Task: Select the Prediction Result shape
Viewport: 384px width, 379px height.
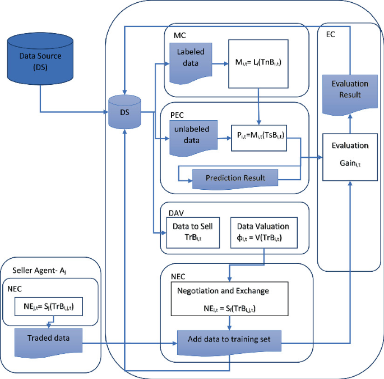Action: (x=235, y=177)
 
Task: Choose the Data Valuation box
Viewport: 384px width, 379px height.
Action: (x=263, y=231)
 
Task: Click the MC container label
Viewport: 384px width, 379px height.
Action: (x=179, y=35)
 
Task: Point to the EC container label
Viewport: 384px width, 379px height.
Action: (x=331, y=34)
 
